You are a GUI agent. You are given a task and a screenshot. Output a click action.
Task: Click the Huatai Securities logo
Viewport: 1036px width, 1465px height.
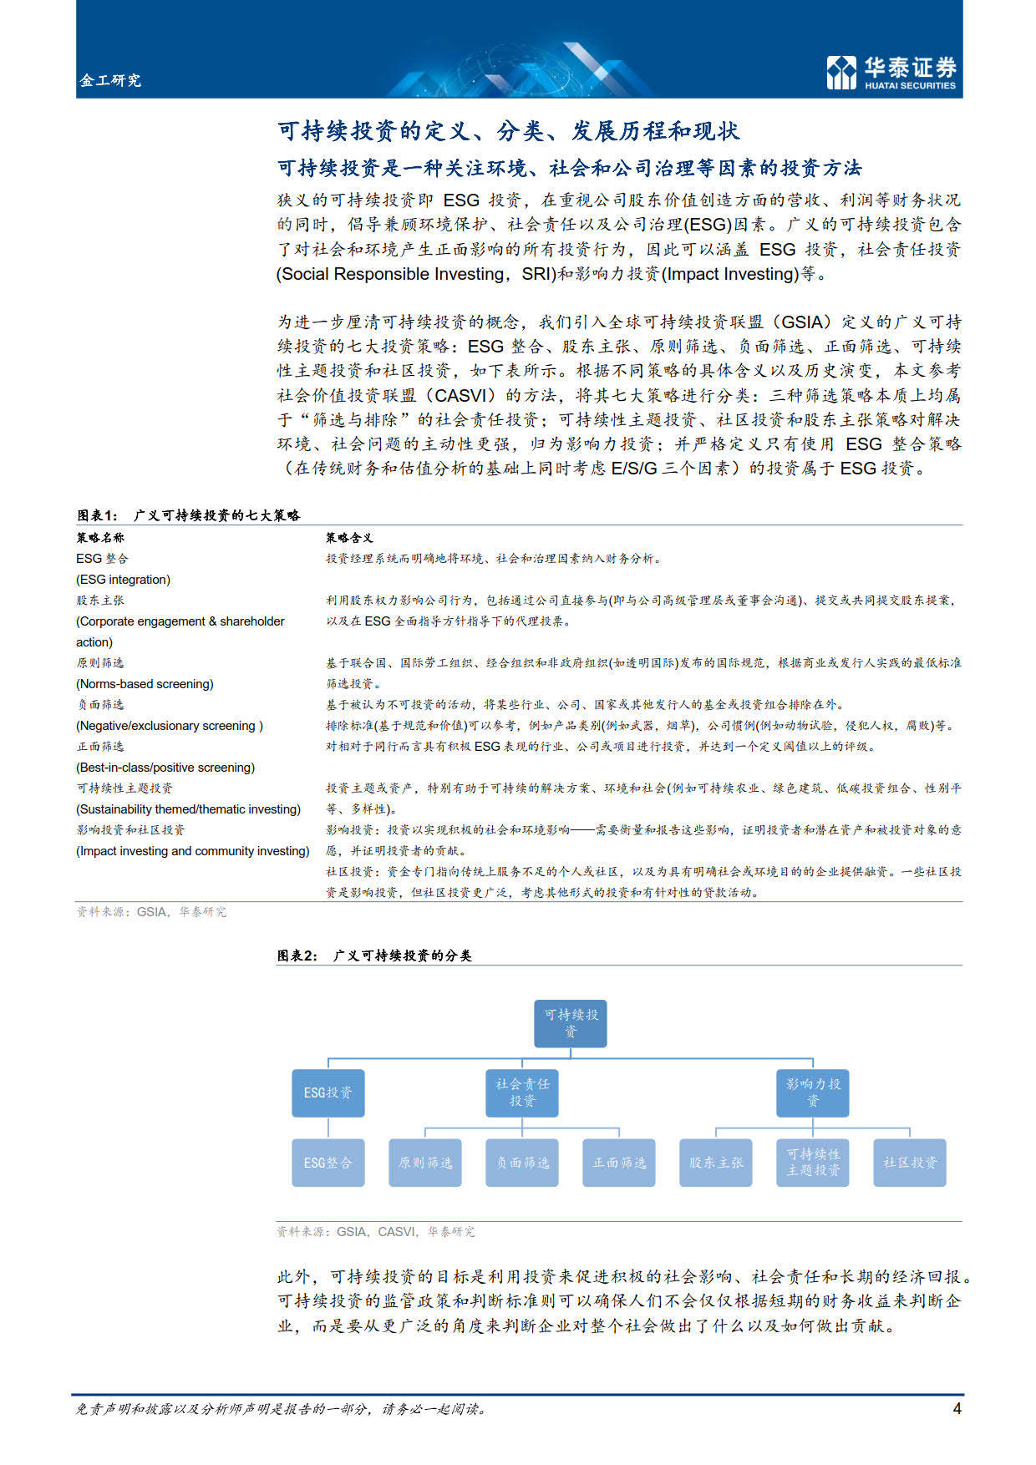pyautogui.click(x=891, y=72)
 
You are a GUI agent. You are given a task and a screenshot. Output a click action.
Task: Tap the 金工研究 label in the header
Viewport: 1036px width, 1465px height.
pyautogui.click(x=110, y=80)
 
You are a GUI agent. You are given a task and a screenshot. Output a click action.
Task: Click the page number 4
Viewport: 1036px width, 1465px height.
pyautogui.click(x=957, y=1408)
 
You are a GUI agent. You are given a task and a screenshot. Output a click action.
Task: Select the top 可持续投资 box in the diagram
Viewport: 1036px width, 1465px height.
pyautogui.click(x=571, y=1023)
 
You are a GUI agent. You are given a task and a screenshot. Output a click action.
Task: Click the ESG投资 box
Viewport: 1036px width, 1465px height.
pyautogui.click(x=328, y=1092)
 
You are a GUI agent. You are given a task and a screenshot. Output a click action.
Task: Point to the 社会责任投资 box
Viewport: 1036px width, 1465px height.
pyautogui.click(x=522, y=1092)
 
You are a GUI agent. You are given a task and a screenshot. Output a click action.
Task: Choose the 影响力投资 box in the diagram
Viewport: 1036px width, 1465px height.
pyautogui.click(x=813, y=1092)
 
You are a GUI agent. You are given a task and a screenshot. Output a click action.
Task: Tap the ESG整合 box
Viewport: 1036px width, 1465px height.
pyautogui.click(x=328, y=1163)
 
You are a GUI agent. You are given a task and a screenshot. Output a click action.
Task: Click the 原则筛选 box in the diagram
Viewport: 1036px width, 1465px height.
pyautogui.click(x=425, y=1163)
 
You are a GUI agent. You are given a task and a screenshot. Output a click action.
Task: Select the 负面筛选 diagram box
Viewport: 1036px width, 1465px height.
pyautogui.click(x=522, y=1163)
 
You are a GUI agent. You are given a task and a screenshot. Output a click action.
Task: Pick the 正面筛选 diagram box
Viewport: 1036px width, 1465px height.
pyautogui.click(x=619, y=1163)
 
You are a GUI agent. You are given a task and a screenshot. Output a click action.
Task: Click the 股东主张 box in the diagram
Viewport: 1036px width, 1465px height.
pyautogui.click(x=716, y=1163)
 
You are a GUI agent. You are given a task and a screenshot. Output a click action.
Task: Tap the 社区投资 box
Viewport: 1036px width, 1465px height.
pyautogui.click(x=910, y=1163)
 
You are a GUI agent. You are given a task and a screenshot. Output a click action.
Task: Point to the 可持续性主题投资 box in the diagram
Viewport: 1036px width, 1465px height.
pyautogui.click(x=813, y=1163)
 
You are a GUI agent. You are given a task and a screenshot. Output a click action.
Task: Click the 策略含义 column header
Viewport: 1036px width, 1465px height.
pyautogui.click(x=349, y=538)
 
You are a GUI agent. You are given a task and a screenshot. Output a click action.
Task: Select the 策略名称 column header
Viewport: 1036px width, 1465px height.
pyautogui.click(x=100, y=538)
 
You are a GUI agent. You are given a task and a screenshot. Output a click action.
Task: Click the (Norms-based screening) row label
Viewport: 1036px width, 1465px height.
pyautogui.click(x=145, y=684)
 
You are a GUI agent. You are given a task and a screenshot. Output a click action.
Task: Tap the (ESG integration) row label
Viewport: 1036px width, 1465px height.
pyautogui.click(x=124, y=580)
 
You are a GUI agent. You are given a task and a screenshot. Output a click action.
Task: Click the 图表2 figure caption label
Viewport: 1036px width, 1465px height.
pyautogui.click(x=374, y=956)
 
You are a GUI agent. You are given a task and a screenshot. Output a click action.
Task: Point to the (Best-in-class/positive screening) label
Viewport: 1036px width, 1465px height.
pyautogui.click(x=165, y=768)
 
